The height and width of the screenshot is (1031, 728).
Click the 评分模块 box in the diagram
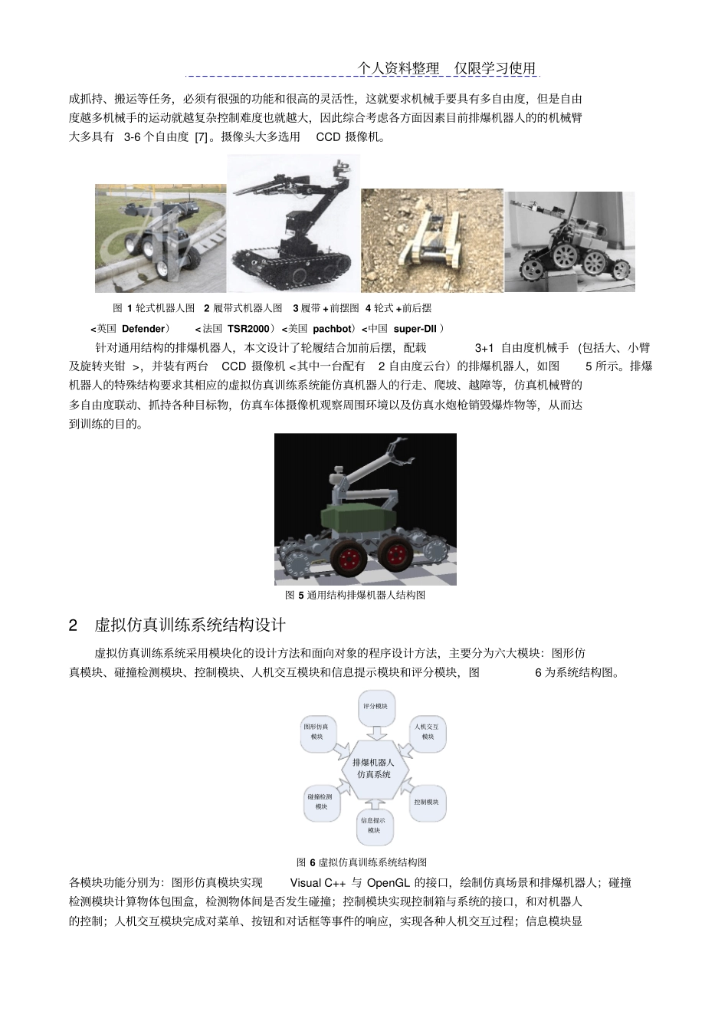point(375,707)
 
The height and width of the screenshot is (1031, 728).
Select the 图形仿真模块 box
point(316,731)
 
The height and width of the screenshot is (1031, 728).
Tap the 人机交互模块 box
point(427,731)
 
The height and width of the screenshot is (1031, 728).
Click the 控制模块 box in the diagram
point(426,802)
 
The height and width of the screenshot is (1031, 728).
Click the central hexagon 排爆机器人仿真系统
point(374,768)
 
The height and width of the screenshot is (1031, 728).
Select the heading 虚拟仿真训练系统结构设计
point(190,625)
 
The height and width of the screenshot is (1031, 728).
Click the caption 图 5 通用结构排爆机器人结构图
point(355,595)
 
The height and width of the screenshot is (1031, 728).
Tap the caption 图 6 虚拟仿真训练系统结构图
point(362,862)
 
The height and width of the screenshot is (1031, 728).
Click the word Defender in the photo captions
point(143,328)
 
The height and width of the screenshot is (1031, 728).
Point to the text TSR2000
point(248,328)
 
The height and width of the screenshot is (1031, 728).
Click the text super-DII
point(415,328)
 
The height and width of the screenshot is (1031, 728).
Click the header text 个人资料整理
point(398,69)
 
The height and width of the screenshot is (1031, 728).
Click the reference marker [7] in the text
point(200,137)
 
